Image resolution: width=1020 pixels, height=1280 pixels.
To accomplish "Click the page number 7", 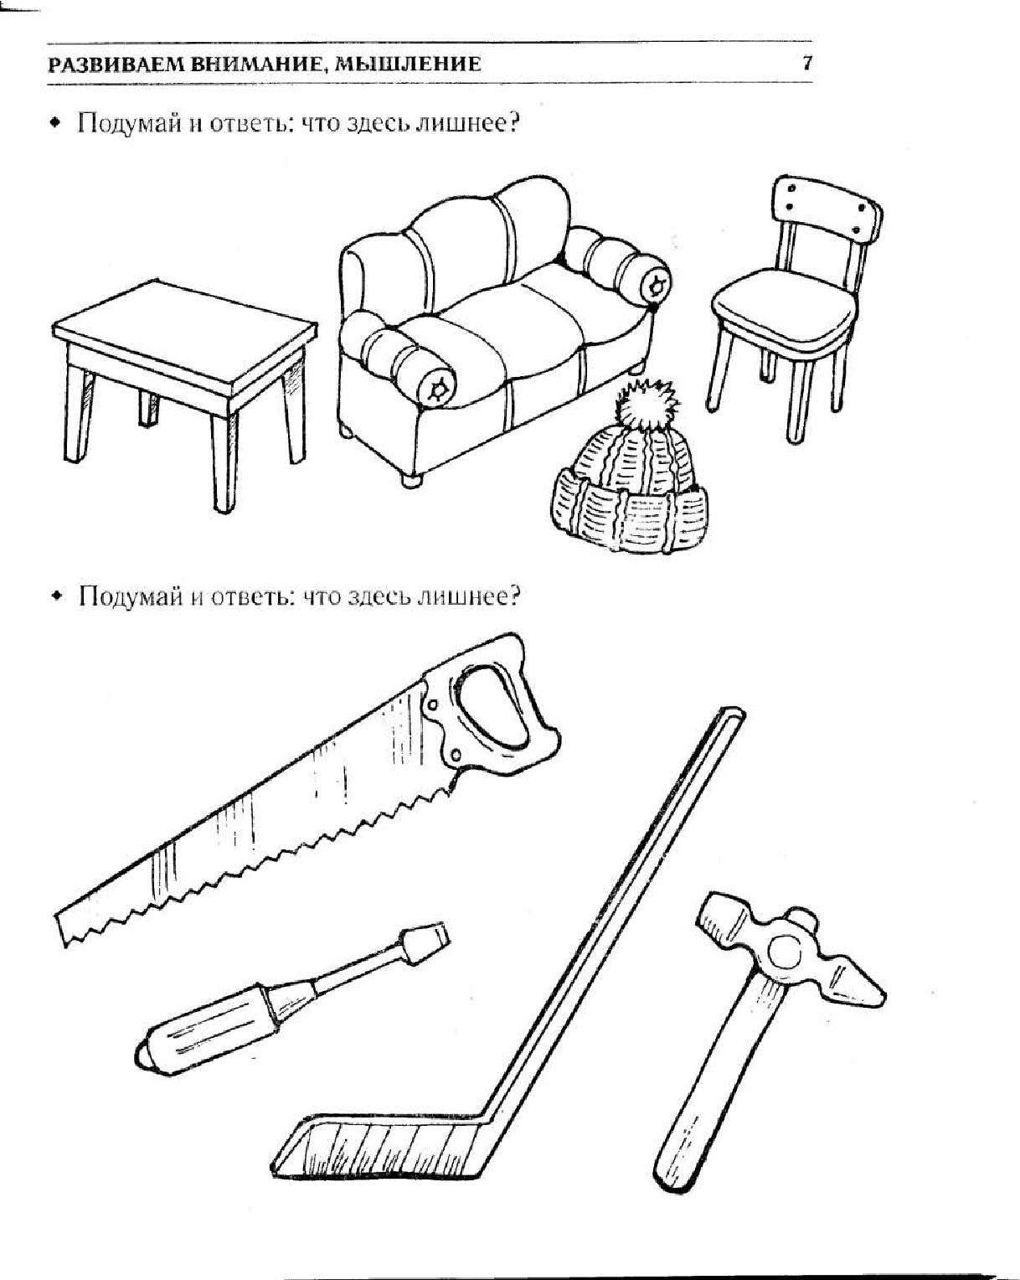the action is (x=807, y=63).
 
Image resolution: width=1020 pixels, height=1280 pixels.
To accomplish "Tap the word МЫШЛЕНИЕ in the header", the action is (x=408, y=64).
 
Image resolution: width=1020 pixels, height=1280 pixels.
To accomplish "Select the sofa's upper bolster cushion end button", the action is (x=656, y=285).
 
